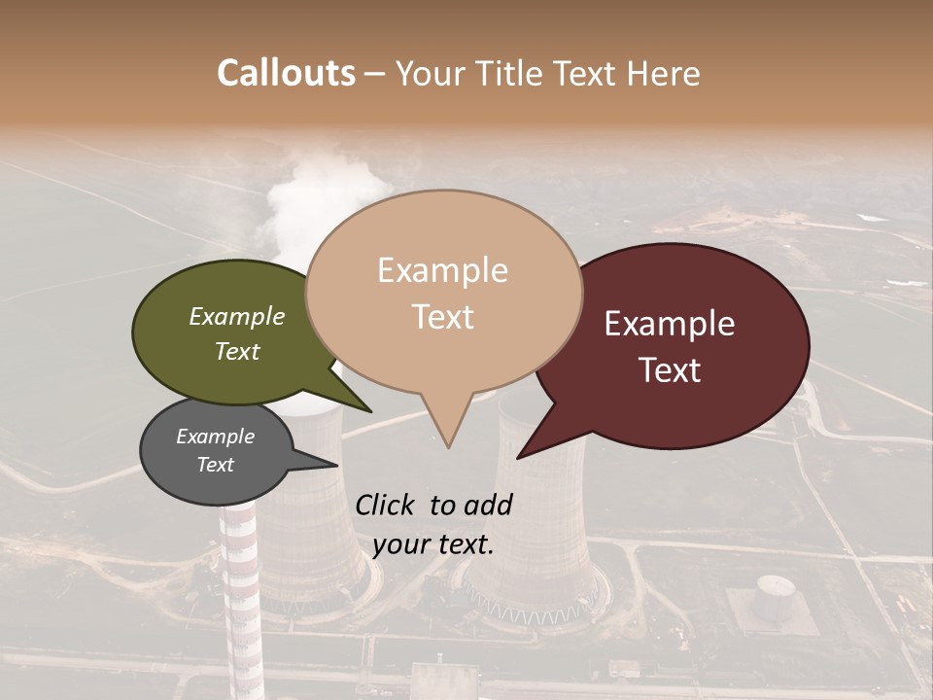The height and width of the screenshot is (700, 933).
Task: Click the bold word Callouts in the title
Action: [286, 73]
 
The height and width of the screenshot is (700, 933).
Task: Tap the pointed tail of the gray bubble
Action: [326, 462]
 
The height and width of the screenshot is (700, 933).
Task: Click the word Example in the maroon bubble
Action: [670, 324]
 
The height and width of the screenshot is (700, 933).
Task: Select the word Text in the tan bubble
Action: [443, 317]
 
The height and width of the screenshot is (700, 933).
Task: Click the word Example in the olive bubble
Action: [237, 316]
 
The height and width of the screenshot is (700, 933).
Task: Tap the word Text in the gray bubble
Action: [216, 465]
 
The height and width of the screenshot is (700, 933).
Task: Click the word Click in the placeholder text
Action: [387, 505]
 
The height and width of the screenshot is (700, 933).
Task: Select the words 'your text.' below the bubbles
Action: [433, 544]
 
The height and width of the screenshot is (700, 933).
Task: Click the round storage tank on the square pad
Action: [776, 592]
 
